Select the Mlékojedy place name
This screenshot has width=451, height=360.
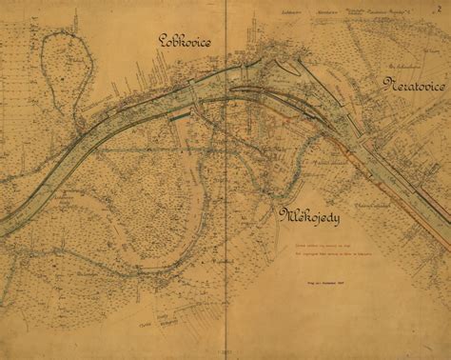click(x=309, y=216)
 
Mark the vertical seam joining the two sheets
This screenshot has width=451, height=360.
click(x=225, y=190)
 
